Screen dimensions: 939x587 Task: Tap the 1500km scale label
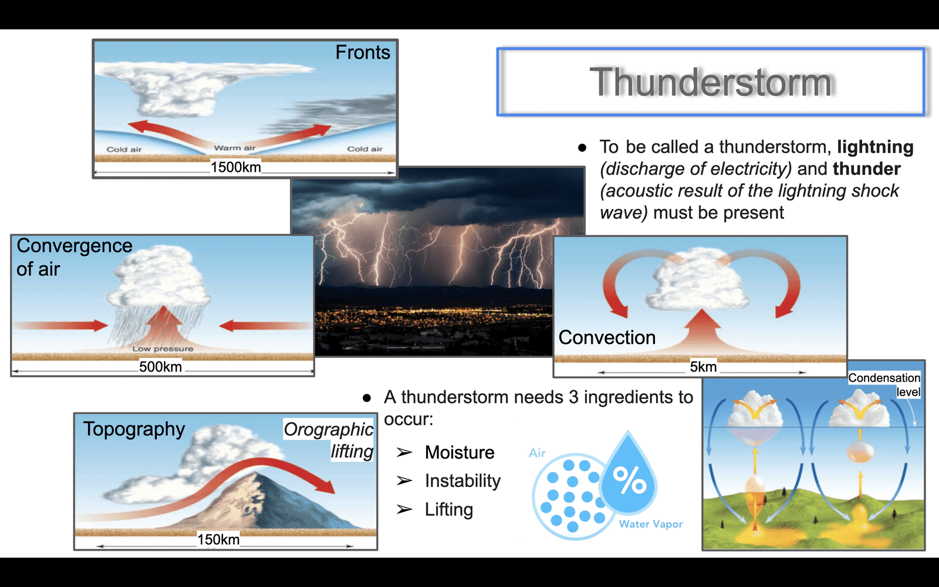pos(235,167)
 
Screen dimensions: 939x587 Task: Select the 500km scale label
pos(160,366)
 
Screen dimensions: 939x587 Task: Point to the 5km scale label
pos(703,366)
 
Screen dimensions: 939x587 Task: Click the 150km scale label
pos(218,539)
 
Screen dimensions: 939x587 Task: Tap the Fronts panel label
pos(363,52)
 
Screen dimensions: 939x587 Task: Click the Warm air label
pos(234,147)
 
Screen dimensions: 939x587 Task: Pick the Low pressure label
pos(163,349)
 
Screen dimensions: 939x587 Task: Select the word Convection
pos(607,337)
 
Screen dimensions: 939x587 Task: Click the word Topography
pos(134,429)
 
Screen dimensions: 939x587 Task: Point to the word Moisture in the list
pos(460,453)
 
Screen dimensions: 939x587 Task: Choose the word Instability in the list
pos(463,481)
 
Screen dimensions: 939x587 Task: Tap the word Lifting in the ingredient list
pos(449,510)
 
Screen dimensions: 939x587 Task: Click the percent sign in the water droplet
pos(629,481)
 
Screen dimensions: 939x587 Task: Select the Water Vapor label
pos(651,524)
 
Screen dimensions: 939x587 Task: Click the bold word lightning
pos(875,147)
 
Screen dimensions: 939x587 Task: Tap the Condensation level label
pos(884,384)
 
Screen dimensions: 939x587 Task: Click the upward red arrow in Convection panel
pos(702,331)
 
